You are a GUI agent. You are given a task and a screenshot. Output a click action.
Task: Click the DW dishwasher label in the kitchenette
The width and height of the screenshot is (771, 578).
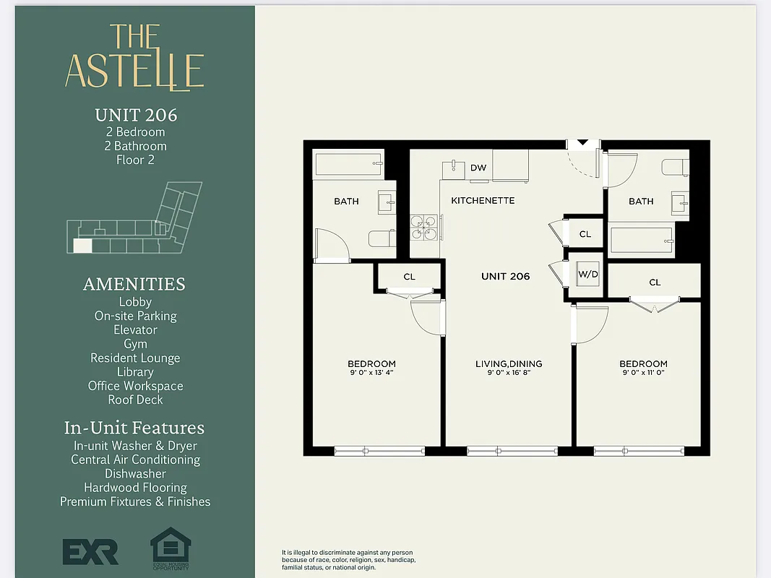tap(478, 168)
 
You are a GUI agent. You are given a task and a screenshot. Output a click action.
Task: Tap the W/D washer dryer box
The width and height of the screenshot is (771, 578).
tap(587, 275)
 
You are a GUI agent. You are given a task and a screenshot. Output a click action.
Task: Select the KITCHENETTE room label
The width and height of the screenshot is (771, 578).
tap(483, 200)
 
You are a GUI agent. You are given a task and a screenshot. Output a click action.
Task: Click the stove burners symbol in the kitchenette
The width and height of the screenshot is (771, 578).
tap(424, 227)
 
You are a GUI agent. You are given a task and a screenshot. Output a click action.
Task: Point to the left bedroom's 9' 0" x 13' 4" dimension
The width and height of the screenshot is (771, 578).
tap(371, 373)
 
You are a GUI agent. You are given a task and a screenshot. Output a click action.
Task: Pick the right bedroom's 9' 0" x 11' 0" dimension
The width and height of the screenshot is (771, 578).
tap(642, 373)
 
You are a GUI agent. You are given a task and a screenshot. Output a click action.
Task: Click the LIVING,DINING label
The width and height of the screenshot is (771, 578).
tap(508, 363)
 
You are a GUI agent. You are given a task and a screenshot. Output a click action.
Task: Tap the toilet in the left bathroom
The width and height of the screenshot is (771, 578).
tap(380, 238)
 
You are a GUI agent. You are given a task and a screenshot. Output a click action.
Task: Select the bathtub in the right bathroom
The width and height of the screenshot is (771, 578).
tap(642, 239)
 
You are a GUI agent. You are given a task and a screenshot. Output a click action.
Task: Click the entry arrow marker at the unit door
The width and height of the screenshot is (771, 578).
tap(582, 143)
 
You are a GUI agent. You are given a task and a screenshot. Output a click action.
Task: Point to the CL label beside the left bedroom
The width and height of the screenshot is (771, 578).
tap(409, 276)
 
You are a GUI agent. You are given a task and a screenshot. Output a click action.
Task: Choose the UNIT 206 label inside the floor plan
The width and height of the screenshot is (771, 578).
tap(505, 276)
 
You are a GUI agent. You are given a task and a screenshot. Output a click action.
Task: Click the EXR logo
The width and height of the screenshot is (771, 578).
tap(90, 551)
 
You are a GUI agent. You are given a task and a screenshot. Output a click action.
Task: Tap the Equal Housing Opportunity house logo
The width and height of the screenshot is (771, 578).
tap(170, 547)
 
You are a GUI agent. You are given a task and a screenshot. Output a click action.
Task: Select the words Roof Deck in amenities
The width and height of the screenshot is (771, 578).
tap(135, 400)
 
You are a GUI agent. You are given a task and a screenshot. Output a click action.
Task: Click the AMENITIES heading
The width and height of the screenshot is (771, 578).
tap(134, 284)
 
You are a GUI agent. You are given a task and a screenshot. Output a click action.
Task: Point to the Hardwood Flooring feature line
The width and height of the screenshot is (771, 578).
tap(135, 488)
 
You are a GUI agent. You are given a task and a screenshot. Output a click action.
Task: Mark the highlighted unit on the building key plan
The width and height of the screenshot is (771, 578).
tap(82, 245)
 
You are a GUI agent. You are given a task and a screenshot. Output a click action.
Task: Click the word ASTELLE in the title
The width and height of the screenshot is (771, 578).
tap(134, 70)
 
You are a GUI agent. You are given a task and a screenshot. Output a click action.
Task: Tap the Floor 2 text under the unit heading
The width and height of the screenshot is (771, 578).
tap(135, 160)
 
